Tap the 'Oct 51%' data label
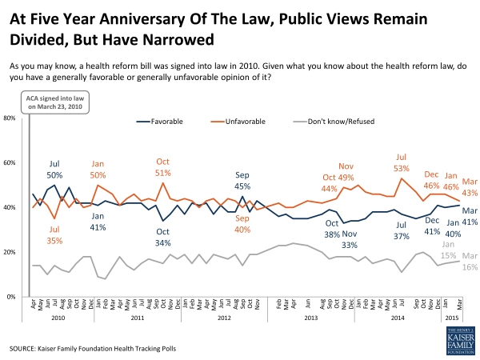(162, 166)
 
